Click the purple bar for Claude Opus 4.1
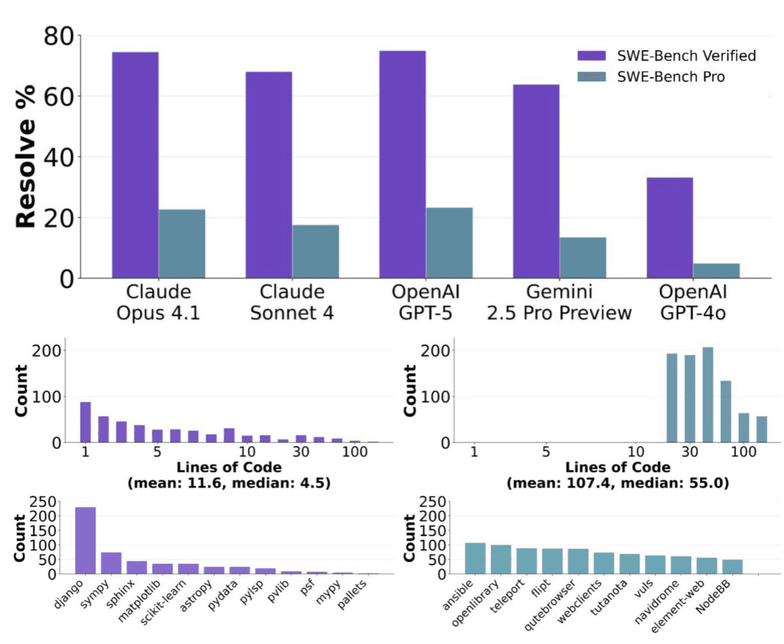click(x=135, y=165)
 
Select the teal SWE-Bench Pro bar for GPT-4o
click(x=716, y=271)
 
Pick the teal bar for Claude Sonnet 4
click(x=316, y=252)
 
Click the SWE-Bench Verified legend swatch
click(x=591, y=56)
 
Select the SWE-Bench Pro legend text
click(x=671, y=77)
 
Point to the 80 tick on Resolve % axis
click(x=58, y=36)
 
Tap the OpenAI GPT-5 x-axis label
click(x=425, y=302)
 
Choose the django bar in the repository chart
click(x=85, y=540)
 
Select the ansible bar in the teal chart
click(x=475, y=558)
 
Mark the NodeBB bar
click(x=732, y=567)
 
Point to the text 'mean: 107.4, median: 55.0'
click(x=617, y=483)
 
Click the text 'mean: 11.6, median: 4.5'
click(x=229, y=483)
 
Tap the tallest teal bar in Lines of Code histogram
click(x=707, y=395)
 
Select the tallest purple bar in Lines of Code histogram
click(x=86, y=422)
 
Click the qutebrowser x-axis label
click(x=550, y=605)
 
